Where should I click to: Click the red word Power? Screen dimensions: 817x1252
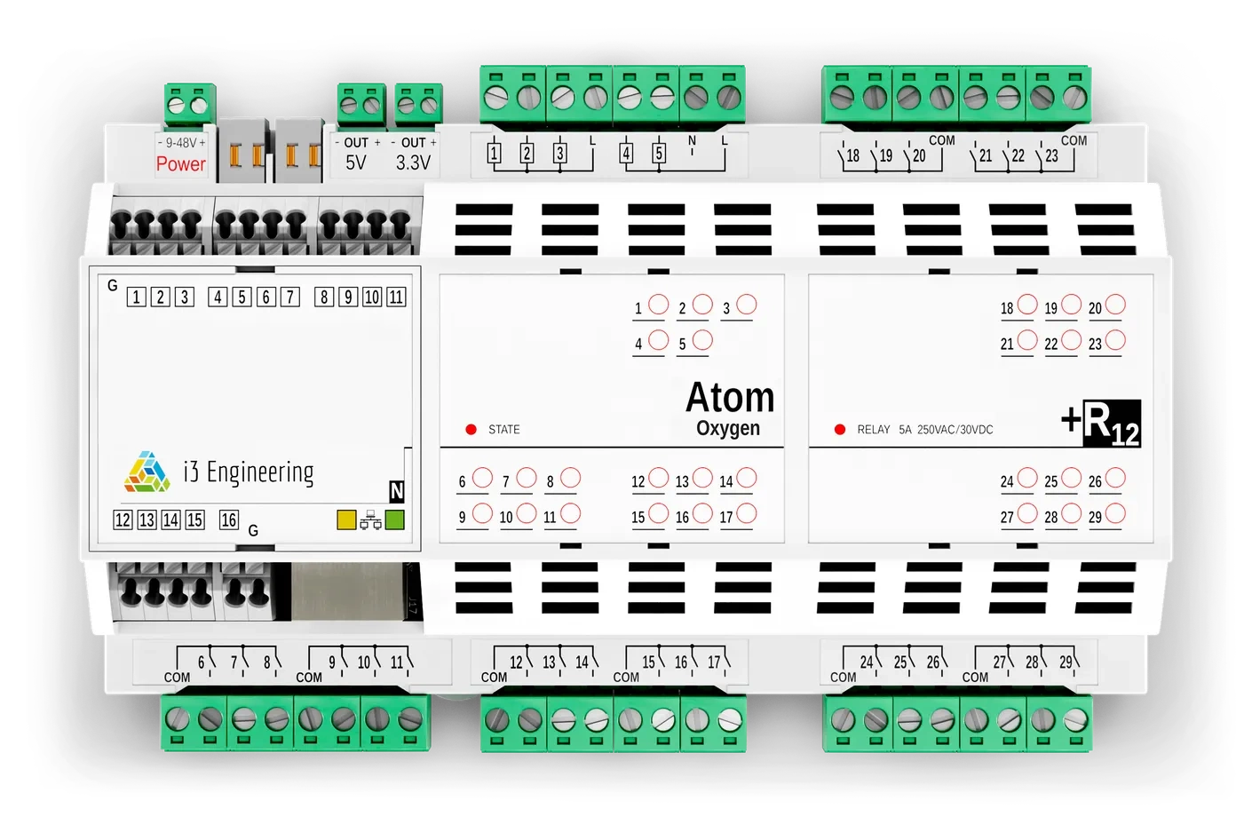point(180,163)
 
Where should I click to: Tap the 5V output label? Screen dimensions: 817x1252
point(355,163)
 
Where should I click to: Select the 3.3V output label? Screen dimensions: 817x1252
point(413,163)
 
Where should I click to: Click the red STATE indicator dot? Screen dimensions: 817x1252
point(471,430)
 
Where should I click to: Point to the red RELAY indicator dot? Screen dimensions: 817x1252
point(840,430)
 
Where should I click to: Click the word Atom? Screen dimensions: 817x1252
point(730,397)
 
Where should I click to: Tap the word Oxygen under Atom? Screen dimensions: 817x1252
point(728,428)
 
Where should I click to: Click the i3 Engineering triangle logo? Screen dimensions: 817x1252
point(147,472)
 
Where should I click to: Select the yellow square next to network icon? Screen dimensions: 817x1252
point(346,520)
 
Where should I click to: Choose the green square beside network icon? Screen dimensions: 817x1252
point(394,520)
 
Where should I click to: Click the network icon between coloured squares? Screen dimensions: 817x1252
point(370,521)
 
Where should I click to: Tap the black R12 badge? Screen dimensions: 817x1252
point(1111,424)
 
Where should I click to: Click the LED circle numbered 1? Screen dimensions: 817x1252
point(658,305)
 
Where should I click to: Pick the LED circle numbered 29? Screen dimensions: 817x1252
point(1115,513)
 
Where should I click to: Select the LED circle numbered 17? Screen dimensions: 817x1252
point(747,513)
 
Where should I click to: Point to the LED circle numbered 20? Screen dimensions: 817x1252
point(1115,305)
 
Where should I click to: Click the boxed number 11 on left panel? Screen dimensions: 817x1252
point(396,297)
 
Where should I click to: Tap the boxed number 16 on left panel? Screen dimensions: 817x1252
point(229,520)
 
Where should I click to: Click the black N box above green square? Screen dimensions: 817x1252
point(396,491)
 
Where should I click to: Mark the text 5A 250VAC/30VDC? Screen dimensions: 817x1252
point(946,430)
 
